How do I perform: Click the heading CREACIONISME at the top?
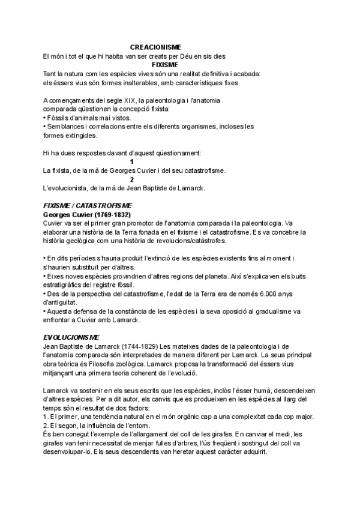(x=155, y=47)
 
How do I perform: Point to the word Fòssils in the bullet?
(x=61, y=118)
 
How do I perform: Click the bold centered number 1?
(x=132, y=162)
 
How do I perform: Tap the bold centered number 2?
(x=132, y=179)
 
